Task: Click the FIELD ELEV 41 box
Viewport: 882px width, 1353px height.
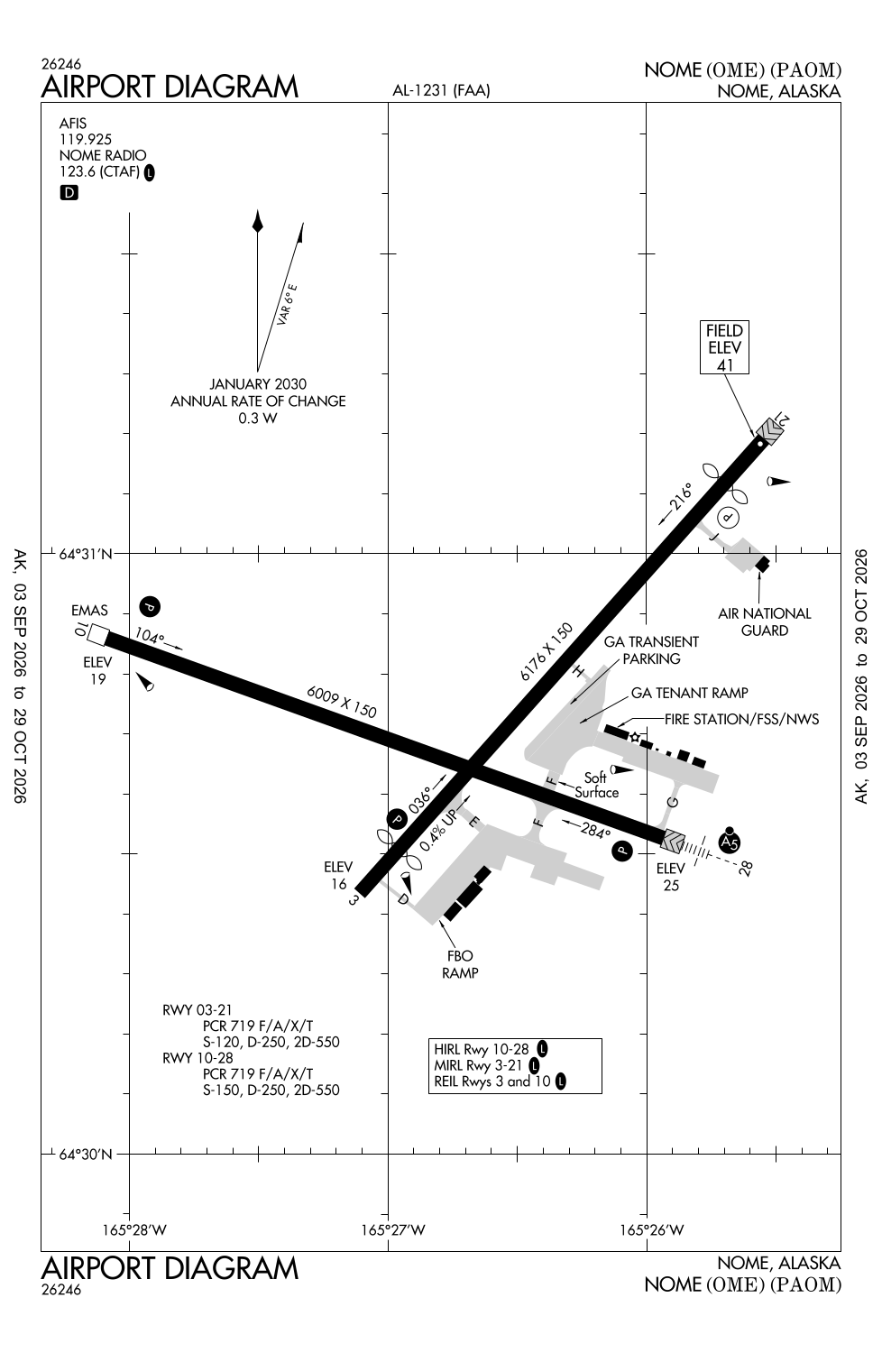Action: click(724, 347)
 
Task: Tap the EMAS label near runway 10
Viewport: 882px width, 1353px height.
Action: click(89, 610)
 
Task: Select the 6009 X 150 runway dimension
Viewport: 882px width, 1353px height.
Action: click(341, 701)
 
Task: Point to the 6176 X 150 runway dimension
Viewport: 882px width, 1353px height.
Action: click(547, 652)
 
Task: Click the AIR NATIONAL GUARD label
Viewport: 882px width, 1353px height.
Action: click(764, 621)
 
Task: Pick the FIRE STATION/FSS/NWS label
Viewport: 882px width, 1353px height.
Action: click(742, 719)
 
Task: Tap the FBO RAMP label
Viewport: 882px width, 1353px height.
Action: click(460, 964)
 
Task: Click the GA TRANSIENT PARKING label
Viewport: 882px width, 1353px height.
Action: click(651, 650)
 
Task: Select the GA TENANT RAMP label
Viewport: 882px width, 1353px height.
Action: click(689, 693)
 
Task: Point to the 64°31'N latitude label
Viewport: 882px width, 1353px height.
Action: click(86, 554)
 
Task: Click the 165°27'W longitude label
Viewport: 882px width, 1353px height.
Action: click(393, 1229)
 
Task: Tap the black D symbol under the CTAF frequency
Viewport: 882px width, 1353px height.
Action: click(69, 193)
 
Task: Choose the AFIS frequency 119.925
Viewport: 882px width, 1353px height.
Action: click(85, 140)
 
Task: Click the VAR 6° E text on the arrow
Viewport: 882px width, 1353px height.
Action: click(287, 305)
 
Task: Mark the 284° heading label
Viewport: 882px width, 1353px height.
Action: click(595, 832)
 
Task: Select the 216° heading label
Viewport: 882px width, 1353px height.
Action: click(681, 496)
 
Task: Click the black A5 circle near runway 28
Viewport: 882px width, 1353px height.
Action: click(730, 842)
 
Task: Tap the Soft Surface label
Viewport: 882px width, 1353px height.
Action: click(597, 785)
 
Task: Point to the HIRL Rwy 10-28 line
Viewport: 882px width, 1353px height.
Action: click(482, 1049)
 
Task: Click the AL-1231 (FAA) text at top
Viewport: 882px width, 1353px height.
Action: click(441, 90)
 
